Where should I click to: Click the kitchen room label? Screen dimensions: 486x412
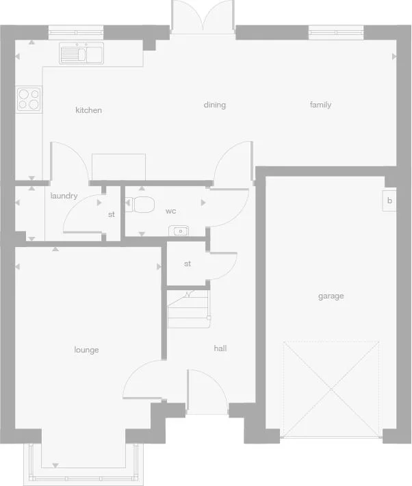[88, 110]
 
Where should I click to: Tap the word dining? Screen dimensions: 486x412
[214, 105]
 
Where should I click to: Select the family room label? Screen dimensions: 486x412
[320, 105]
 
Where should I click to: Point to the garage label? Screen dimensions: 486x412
[331, 296]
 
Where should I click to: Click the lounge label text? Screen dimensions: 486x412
[86, 350]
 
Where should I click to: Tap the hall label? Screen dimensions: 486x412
[220, 348]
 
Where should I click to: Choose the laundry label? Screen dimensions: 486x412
[64, 196]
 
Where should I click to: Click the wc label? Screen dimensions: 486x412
[171, 211]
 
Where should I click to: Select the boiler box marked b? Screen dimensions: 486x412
[389, 201]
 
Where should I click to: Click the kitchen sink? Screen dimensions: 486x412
[81, 53]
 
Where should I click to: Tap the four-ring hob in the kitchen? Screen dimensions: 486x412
[29, 99]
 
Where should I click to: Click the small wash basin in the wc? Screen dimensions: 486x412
[179, 231]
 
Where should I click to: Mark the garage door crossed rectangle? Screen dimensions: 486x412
[331, 389]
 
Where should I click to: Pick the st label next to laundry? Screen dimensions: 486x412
[111, 214]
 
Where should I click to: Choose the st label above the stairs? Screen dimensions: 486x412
[187, 264]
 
